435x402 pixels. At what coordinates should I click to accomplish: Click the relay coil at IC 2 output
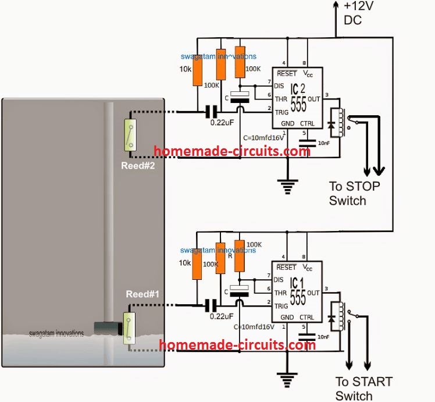pyautogui.click(x=336, y=122)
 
